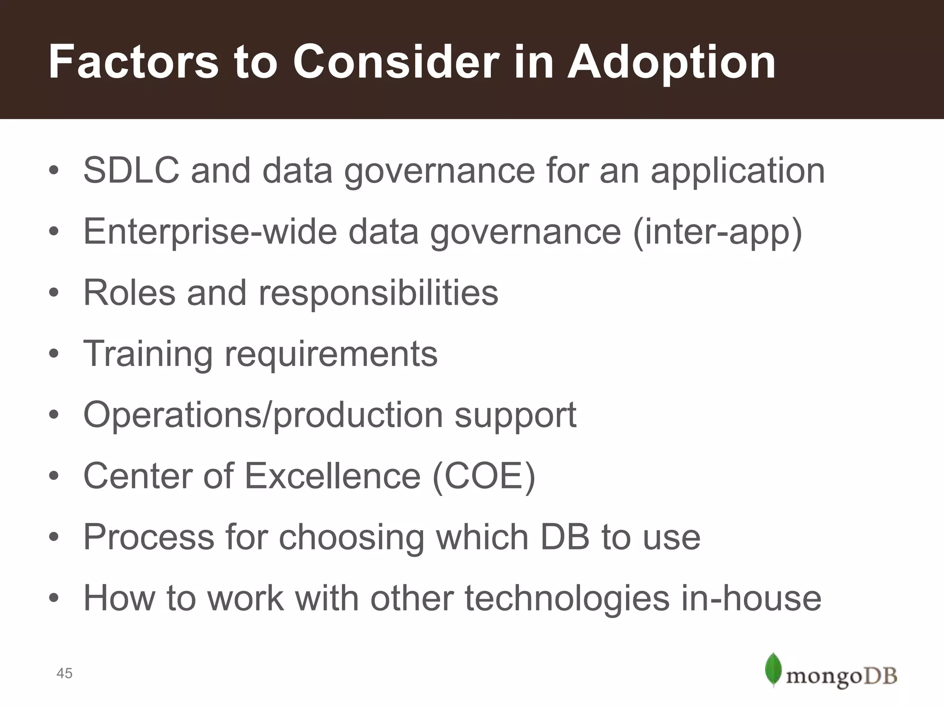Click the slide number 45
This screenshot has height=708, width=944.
64,673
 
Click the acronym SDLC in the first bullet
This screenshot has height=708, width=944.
131,171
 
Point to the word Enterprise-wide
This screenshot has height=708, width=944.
210,232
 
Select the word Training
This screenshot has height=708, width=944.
147,354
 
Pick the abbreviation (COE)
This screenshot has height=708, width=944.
484,476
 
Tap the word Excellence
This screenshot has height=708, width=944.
332,476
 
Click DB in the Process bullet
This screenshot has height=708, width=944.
565,537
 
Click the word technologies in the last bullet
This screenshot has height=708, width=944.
566,598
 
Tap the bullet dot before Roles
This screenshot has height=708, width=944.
54,293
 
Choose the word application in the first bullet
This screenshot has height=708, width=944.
737,171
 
